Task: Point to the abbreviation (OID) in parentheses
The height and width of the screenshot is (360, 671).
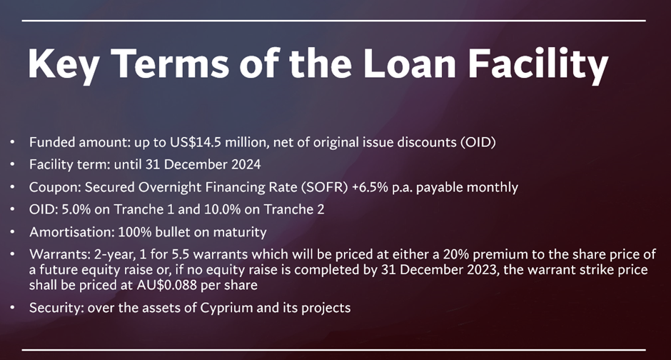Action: pos(478,142)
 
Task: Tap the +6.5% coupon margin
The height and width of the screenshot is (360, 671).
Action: pos(370,187)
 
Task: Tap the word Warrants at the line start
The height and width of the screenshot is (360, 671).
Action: pos(59,254)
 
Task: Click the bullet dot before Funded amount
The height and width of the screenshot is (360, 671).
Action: pos(12,141)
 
